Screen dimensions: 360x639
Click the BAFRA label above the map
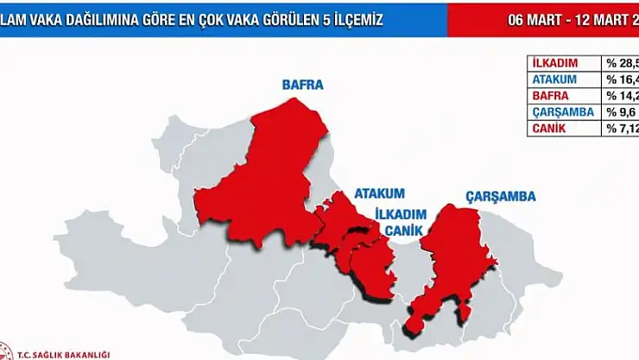(302, 85)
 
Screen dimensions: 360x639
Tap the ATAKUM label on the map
(379, 193)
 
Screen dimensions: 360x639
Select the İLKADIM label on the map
(399, 213)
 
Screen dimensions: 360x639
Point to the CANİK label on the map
(402, 231)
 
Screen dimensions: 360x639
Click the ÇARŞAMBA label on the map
(501, 197)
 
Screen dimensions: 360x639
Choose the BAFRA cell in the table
(553, 96)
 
